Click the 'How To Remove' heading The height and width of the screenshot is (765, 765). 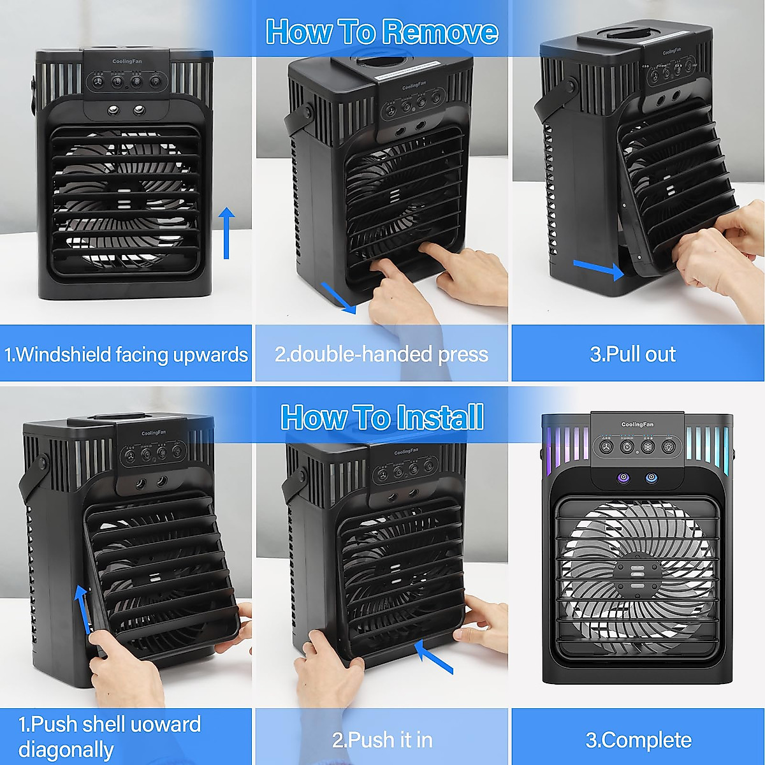coord(381,31)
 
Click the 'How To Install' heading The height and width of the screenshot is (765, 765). coord(382,418)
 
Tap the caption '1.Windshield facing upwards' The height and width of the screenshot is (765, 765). coord(126,354)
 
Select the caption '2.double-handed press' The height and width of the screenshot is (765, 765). coord(381,354)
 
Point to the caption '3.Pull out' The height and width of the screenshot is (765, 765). coord(632,354)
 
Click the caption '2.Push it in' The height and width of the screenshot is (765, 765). coord(382,739)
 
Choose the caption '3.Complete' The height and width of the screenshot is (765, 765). coord(638,739)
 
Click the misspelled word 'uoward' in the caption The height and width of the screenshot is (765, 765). coord(166,724)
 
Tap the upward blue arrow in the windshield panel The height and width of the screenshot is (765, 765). coord(226,233)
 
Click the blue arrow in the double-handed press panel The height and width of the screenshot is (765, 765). coord(339,298)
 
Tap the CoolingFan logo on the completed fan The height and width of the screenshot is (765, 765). coord(637,425)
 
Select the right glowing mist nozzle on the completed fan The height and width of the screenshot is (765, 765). coord(651,477)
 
